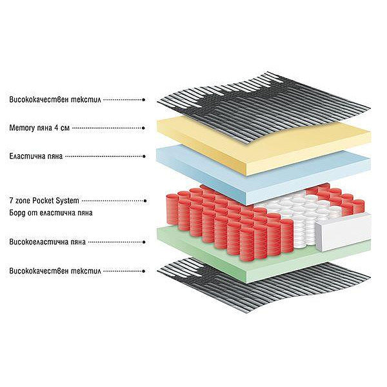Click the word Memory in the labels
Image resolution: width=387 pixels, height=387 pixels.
point(22,128)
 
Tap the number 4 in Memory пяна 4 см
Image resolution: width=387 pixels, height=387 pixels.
point(57,128)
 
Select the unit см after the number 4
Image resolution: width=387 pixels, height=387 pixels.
point(65,128)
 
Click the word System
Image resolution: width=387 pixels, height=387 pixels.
point(67,201)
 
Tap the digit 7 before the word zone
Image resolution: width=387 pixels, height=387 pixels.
point(11,201)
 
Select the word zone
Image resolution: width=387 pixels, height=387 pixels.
point(23,201)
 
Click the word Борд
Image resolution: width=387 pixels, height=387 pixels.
point(17,213)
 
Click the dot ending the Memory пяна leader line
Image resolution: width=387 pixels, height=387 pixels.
point(144,128)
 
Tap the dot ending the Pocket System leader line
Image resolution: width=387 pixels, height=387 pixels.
point(145,201)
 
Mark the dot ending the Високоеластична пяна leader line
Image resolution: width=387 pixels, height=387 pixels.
point(144,242)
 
